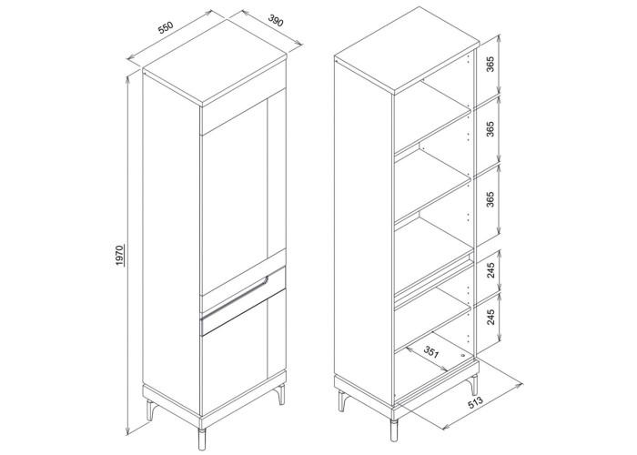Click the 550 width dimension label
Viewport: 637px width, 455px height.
(x=166, y=28)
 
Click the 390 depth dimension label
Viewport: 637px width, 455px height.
(x=276, y=20)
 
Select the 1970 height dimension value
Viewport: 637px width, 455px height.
(x=119, y=256)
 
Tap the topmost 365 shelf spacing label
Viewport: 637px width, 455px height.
(x=490, y=65)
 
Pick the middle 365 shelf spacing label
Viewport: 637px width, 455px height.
(x=490, y=129)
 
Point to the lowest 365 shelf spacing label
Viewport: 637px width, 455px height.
(x=490, y=199)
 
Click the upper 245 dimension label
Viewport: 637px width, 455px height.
(x=490, y=270)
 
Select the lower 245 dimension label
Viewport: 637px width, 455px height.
(x=490, y=317)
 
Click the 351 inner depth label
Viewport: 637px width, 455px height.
(x=431, y=352)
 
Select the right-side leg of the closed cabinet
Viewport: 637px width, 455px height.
(x=280, y=394)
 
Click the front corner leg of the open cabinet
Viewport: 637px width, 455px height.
(x=393, y=429)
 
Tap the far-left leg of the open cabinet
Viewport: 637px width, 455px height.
(x=341, y=401)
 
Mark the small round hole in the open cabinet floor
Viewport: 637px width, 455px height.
(x=462, y=355)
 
